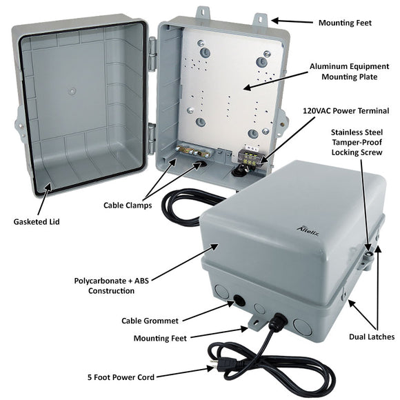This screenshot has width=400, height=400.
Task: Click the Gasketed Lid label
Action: (x=36, y=221)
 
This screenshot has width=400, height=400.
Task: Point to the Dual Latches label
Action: (x=371, y=337)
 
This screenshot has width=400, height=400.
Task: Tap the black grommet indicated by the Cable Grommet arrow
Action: (x=240, y=301)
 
